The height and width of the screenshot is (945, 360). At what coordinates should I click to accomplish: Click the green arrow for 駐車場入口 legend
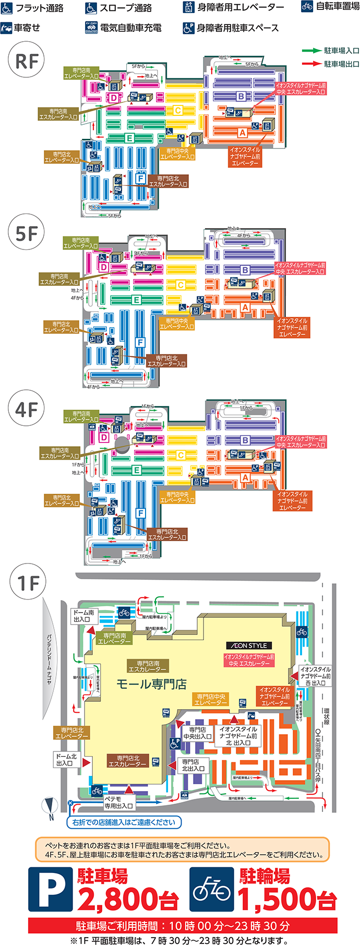tap(311, 51)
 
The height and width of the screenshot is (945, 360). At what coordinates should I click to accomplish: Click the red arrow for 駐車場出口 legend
tap(311, 64)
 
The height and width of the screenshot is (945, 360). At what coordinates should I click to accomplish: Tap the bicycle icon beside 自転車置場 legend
tap(307, 7)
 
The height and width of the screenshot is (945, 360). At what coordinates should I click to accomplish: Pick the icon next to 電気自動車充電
tap(91, 28)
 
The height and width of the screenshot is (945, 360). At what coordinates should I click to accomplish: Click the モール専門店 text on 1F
tap(151, 684)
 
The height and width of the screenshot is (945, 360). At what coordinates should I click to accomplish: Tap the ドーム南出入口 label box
tap(83, 616)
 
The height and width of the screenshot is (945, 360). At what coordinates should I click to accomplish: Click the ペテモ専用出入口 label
tap(118, 803)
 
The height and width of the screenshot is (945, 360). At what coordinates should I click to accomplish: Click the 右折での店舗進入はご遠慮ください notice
tap(124, 822)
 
